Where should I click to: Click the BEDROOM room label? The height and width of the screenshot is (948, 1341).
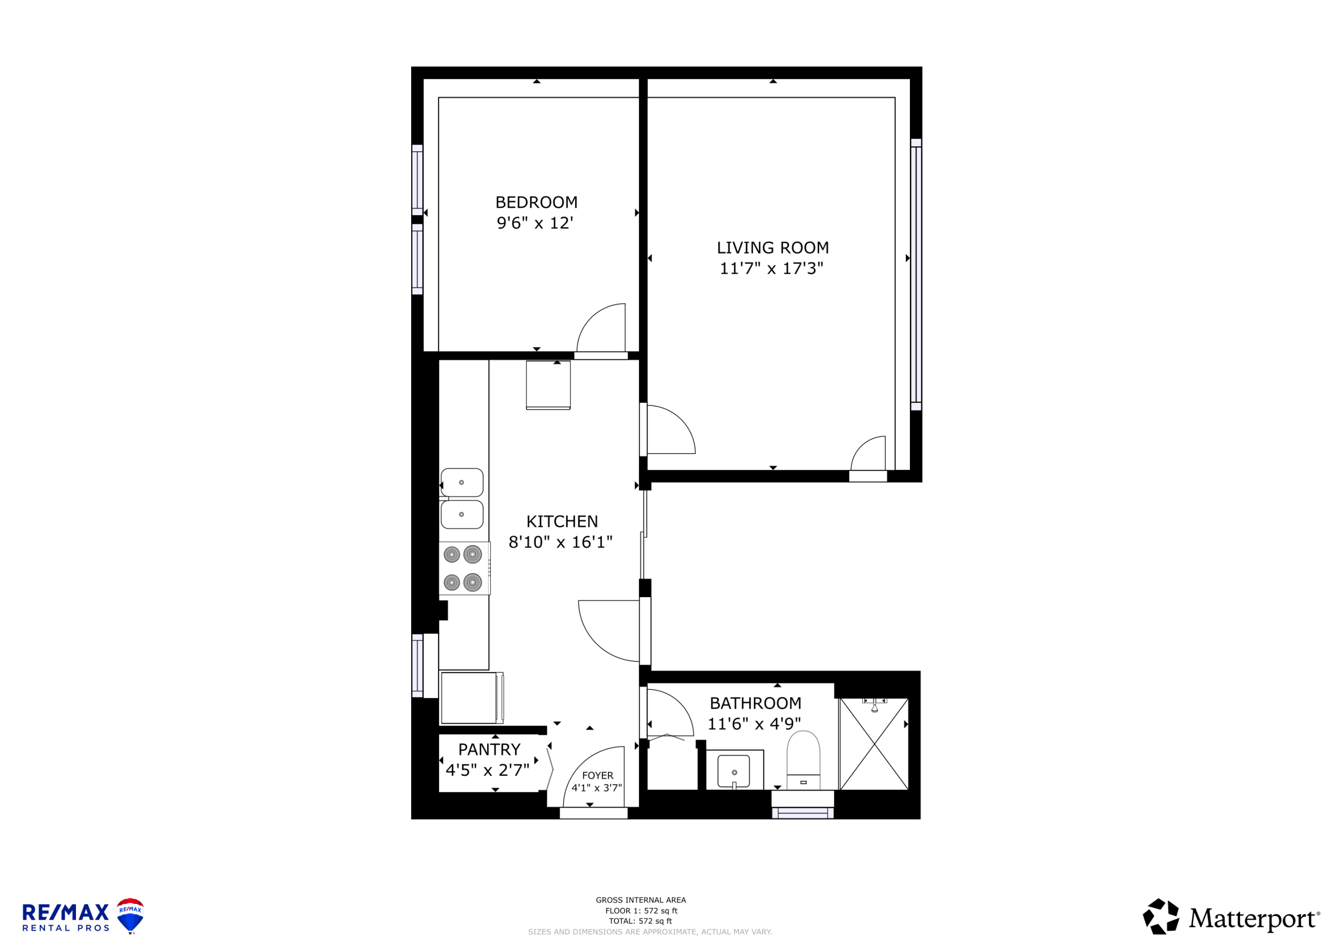click(x=536, y=202)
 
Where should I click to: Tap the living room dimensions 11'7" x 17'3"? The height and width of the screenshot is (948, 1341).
click(x=772, y=268)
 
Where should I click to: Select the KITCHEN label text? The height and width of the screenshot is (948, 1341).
click(x=562, y=521)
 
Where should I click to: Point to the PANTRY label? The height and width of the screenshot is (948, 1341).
click(x=489, y=749)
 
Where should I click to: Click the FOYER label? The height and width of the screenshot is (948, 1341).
click(x=598, y=775)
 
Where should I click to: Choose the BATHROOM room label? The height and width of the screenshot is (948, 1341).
click(x=755, y=703)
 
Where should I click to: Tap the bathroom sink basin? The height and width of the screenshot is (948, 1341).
click(x=733, y=771)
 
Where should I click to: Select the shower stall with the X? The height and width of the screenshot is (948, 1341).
click(x=874, y=744)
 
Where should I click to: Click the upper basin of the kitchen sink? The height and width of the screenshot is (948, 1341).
click(x=461, y=482)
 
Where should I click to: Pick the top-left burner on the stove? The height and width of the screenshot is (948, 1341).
click(x=452, y=554)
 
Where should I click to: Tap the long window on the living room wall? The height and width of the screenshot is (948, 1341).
click(x=916, y=274)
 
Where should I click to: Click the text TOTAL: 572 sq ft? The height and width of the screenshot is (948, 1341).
click(x=641, y=921)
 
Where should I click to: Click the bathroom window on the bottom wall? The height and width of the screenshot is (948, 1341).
click(x=803, y=813)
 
